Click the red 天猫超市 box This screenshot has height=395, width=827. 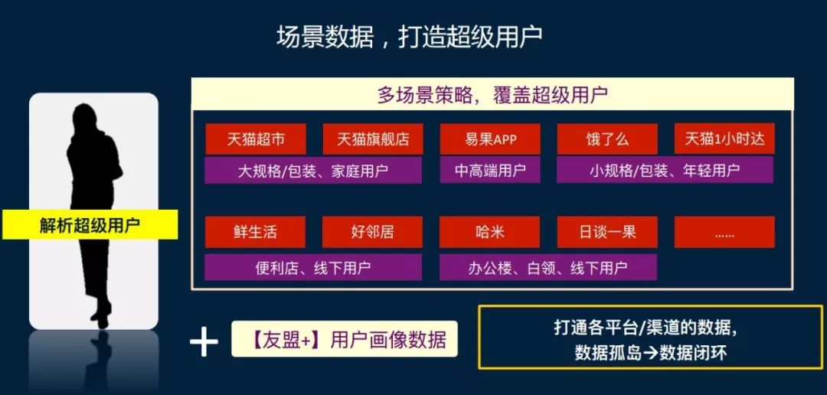pyautogui.click(x=256, y=139)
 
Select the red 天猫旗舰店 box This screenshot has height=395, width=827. pyautogui.click(x=373, y=139)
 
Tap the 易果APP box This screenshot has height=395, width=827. pyautogui.click(x=490, y=139)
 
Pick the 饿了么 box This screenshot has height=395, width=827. pyautogui.click(x=607, y=139)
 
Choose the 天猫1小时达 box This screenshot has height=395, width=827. pyautogui.click(x=724, y=139)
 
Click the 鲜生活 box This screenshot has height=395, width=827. pyautogui.click(x=255, y=232)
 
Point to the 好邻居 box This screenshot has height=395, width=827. pyautogui.click(x=372, y=232)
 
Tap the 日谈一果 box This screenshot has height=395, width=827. pyautogui.click(x=607, y=232)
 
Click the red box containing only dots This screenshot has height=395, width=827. pyautogui.click(x=724, y=232)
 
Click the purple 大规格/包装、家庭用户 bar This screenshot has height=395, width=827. pyautogui.click(x=313, y=170)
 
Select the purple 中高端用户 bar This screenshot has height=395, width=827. pyautogui.click(x=490, y=170)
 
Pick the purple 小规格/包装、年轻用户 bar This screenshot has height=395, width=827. pyautogui.click(x=665, y=170)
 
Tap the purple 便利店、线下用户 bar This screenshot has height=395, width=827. pyautogui.click(x=313, y=267)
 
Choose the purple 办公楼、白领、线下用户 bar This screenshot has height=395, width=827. pyautogui.click(x=548, y=267)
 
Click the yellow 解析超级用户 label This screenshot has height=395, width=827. pyautogui.click(x=90, y=224)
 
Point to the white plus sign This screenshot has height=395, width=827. pyautogui.click(x=204, y=341)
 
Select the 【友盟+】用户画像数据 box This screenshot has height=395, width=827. pyautogui.click(x=345, y=338)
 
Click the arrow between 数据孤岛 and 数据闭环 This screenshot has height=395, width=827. pyautogui.click(x=651, y=353)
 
